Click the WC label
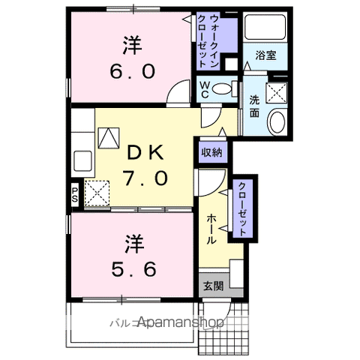click(x=203, y=89)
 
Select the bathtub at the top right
click(x=265, y=29)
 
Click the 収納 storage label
click(x=211, y=152)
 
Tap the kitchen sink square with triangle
click(x=107, y=137)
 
